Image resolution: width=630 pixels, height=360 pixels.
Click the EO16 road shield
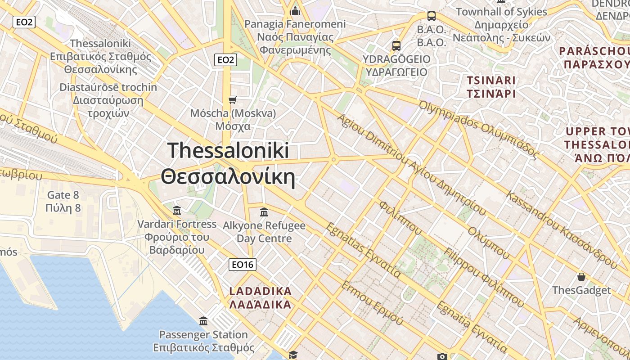(242, 265)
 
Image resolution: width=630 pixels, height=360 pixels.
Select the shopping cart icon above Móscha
(232, 100)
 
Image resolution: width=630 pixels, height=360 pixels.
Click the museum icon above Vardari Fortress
(177, 210)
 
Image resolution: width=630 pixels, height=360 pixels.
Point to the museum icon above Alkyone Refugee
(264, 211)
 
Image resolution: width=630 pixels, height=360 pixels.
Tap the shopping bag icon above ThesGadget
(581, 276)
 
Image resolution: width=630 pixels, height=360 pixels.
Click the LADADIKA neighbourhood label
(261, 297)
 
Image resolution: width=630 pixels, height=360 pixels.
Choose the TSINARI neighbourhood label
(491, 87)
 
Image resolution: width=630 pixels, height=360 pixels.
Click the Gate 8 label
(63, 201)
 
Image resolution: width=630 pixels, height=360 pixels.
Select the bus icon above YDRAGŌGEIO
(396, 45)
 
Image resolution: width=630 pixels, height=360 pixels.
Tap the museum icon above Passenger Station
(203, 321)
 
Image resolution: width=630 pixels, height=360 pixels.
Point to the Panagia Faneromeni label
(295, 37)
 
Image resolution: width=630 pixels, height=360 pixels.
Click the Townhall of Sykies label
(501, 25)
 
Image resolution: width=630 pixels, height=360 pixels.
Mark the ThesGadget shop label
(581, 290)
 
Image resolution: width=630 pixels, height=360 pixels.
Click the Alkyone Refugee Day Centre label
(264, 232)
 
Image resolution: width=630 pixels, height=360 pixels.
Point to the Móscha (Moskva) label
(233, 119)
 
